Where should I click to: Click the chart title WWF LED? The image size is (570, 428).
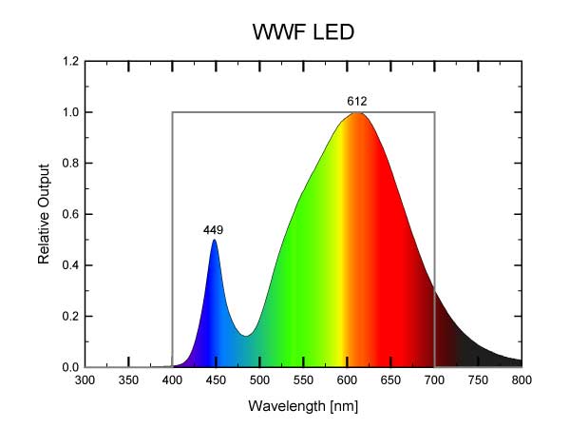pos(304,32)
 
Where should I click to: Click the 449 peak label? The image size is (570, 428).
pos(213,230)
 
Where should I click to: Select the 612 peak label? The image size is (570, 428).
pos(357,101)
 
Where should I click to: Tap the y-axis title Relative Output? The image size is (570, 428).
pos(44,215)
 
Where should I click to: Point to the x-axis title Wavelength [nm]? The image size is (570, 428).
pos(303,406)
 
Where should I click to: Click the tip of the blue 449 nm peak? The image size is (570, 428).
pos(215,240)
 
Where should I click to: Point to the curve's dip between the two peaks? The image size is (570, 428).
pos(245,336)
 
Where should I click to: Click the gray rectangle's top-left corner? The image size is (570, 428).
pos(172,112)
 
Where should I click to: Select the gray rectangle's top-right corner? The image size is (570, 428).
pos(434,112)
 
